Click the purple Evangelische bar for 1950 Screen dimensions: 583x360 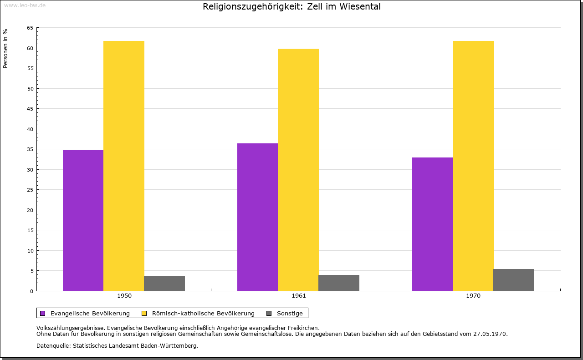coord(83,221)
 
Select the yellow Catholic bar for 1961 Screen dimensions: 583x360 coord(298,170)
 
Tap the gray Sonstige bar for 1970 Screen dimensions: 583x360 coord(514,280)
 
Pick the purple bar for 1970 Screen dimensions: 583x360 coord(432,224)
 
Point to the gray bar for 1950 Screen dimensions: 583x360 coord(164,283)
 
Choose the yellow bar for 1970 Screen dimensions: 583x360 coord(473,166)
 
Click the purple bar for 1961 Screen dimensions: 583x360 coord(258,217)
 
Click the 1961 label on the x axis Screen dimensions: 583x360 coord(299,296)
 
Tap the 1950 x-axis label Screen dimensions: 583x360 coord(124,296)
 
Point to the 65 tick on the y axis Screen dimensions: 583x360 coord(30,28)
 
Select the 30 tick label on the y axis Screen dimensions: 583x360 coord(30,170)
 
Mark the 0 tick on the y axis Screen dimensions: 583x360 coord(31,291)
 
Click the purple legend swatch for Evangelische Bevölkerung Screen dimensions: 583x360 coord(43,314)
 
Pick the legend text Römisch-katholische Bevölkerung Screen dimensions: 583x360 coord(203,314)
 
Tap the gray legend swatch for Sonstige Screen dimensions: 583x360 coord(269,314)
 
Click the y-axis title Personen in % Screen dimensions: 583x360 coord(5,49)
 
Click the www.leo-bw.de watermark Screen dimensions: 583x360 coord(25,5)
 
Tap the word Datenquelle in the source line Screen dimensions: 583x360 coord(54,346)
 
